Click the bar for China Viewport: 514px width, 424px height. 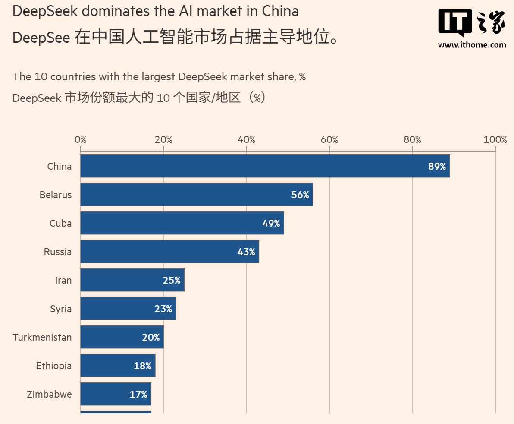(x=265, y=166)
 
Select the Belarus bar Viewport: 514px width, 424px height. (x=197, y=195)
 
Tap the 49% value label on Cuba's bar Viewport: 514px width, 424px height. (x=271, y=223)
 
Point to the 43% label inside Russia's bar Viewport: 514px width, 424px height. (x=246, y=252)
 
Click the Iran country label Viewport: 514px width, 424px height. (x=63, y=280)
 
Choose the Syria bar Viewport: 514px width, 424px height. (x=128, y=309)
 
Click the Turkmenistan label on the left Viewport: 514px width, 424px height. (x=42, y=337)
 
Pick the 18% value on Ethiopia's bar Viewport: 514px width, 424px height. (x=142, y=366)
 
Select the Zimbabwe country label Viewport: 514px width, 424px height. (x=49, y=394)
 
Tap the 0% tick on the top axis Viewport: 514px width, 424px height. (x=81, y=139)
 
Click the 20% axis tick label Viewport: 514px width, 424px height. (x=163, y=139)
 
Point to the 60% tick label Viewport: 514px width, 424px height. (x=329, y=139)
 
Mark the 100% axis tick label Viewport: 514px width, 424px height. (x=495, y=139)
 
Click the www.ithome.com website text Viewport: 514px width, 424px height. (x=472, y=44)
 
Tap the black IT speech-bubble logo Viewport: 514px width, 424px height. (x=454, y=22)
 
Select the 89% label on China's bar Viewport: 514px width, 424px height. (x=437, y=166)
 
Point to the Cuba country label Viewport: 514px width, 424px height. (x=60, y=223)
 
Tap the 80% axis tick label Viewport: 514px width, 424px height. (x=412, y=139)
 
